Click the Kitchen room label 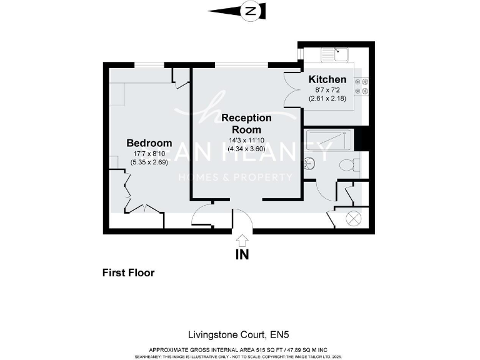pyautogui.click(x=327, y=79)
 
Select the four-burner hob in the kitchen pyautogui.click(x=361, y=86)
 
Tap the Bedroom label pyautogui.click(x=149, y=143)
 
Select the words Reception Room pyautogui.click(x=246, y=123)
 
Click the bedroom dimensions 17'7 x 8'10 pyautogui.click(x=149, y=154)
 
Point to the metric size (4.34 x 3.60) pyautogui.click(x=246, y=149)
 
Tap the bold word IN pyautogui.click(x=242, y=254)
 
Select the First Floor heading pyautogui.click(x=128, y=272)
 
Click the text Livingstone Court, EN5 pyautogui.click(x=240, y=334)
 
